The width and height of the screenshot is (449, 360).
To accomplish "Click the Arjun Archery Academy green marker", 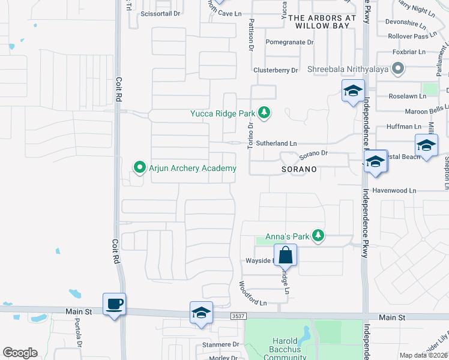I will point(140,167).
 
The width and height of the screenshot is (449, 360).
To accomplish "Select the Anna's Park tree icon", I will point(319,236).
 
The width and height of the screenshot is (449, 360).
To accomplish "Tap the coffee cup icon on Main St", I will point(114,304).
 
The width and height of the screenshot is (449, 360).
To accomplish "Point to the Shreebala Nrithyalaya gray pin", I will point(397,70).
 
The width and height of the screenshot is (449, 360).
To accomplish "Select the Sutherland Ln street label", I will point(277,143).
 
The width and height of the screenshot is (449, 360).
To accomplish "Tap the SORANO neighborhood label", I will point(298,170).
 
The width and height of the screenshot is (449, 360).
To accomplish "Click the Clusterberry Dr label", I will point(276,70).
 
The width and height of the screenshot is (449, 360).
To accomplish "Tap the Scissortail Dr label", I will point(160,13).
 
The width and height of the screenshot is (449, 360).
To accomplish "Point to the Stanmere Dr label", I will point(220,344).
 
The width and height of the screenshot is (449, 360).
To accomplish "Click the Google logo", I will point(20,353).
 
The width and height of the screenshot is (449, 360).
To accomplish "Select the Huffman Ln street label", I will point(404,127).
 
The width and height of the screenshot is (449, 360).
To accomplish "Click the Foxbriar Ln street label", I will point(409,52).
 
